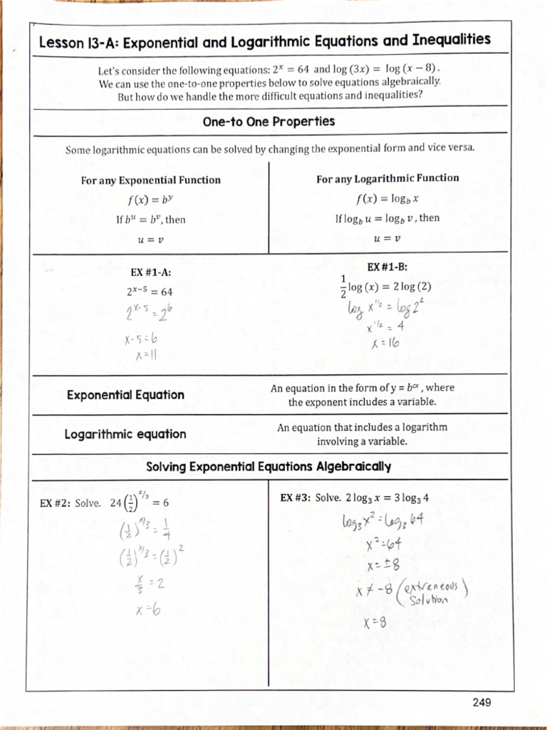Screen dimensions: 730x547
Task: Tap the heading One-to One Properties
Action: tap(269, 122)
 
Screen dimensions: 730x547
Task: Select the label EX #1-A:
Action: tap(150, 272)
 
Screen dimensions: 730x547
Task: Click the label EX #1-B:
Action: tap(387, 267)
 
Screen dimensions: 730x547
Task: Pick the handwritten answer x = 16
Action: tap(385, 343)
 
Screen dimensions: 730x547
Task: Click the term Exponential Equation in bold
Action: tap(125, 395)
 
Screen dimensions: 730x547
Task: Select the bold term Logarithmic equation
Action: tap(125, 434)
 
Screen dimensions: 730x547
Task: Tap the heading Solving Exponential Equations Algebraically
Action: tap(269, 467)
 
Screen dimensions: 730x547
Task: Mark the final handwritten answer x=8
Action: tap(374, 622)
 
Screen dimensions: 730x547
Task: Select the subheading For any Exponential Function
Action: tap(150, 180)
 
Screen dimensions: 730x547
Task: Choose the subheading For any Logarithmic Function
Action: tap(387, 178)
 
